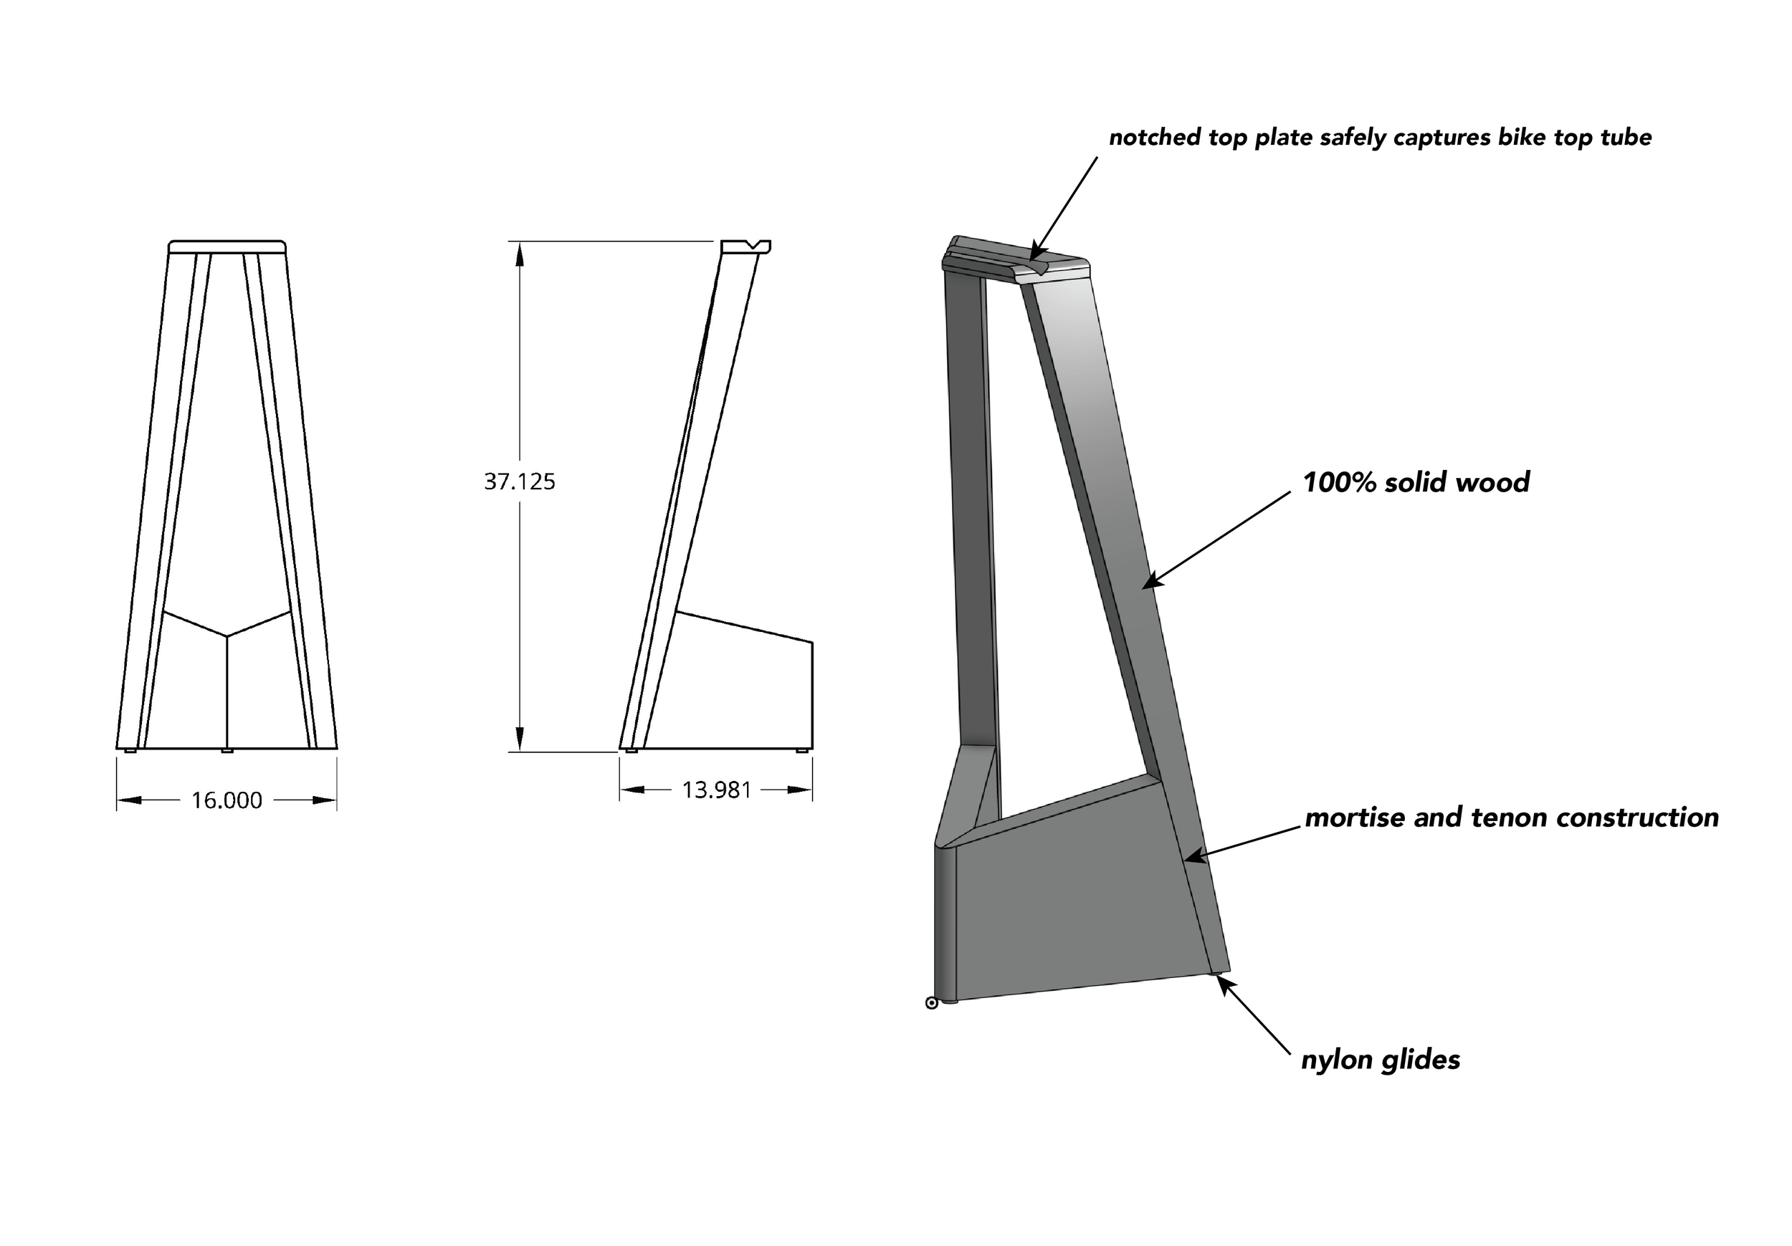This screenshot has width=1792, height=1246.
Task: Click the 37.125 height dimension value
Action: click(519, 481)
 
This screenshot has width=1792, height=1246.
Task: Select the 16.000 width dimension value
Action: click(227, 800)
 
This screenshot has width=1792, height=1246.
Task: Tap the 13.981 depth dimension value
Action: click(717, 790)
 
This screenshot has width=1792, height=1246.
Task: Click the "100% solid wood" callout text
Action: click(1416, 482)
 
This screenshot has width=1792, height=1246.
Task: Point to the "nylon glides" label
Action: click(1380, 1060)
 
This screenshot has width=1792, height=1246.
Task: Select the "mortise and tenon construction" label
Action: click(1512, 817)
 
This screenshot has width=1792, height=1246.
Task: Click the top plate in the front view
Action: click(227, 246)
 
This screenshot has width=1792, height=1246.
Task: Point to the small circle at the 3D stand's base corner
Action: click(931, 1002)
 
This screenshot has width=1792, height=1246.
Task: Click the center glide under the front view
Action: click(227, 751)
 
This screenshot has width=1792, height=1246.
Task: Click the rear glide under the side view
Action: click(801, 751)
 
